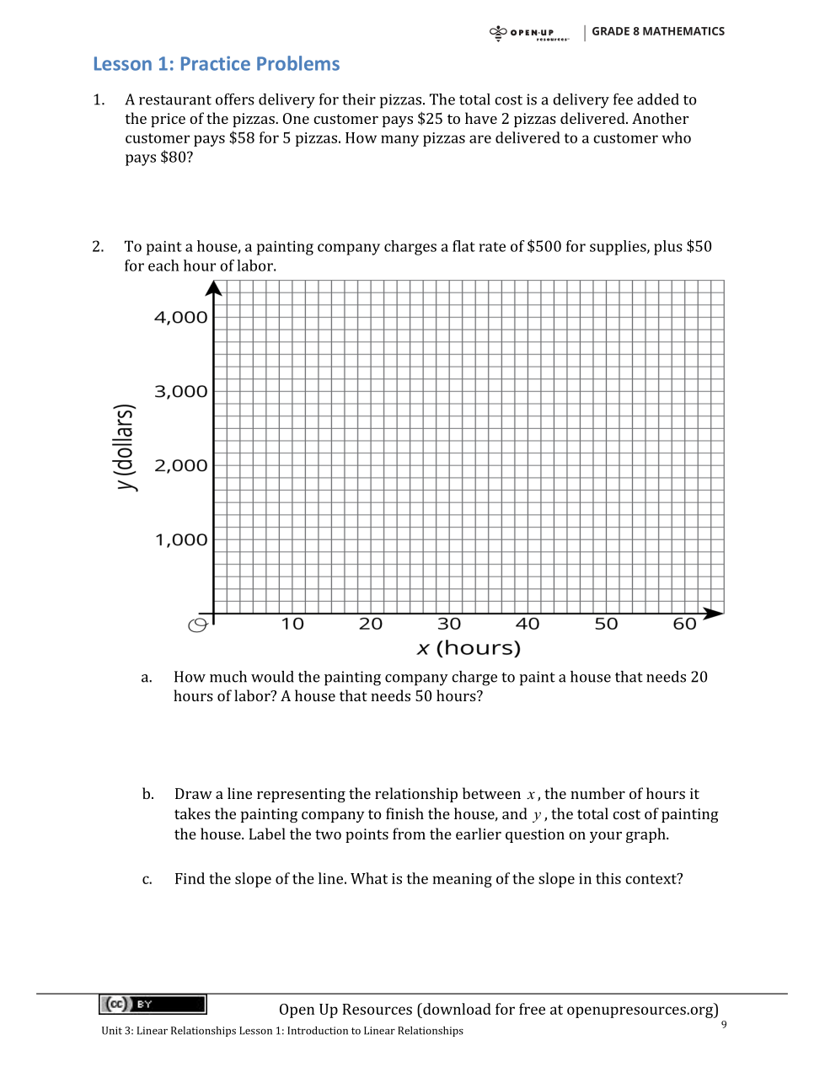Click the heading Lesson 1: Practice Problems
pyautogui.click(x=216, y=64)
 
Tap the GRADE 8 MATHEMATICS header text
pyautogui.click(x=657, y=31)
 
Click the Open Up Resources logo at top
pyautogui.click(x=529, y=33)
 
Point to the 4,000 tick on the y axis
pyautogui.click(x=180, y=318)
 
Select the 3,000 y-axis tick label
pyautogui.click(x=180, y=392)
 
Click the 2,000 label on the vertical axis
pyautogui.click(x=180, y=466)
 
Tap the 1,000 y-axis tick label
pyautogui.click(x=180, y=540)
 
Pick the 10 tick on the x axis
pyautogui.click(x=292, y=625)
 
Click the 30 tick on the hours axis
pyautogui.click(x=449, y=625)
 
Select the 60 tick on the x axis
pyautogui.click(x=684, y=625)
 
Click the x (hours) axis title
pyautogui.click(x=469, y=648)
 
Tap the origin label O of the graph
pyautogui.click(x=198, y=625)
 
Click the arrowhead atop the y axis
pyautogui.click(x=214, y=288)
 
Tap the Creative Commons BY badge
pyautogui.click(x=153, y=1004)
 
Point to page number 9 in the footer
pyautogui.click(x=724, y=1025)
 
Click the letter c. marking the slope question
pyautogui.click(x=147, y=880)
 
